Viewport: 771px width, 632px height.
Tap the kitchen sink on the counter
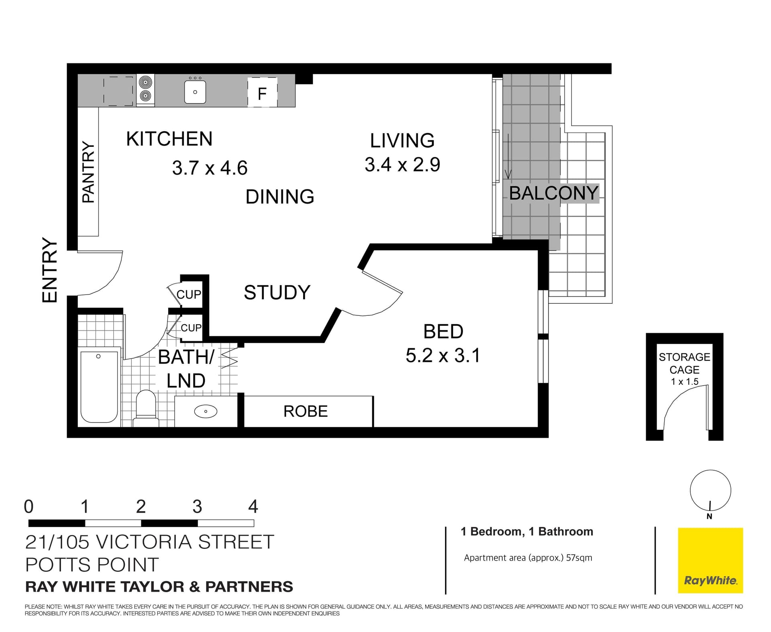[195, 92]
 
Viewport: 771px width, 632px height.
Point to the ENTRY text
[50, 270]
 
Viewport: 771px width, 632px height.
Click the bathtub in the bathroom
[99, 386]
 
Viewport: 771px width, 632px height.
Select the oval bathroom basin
[206, 411]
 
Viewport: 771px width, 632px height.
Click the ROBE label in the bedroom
[306, 411]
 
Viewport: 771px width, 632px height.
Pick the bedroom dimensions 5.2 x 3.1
[443, 356]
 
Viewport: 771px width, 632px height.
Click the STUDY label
[277, 293]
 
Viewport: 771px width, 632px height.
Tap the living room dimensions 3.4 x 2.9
[402, 165]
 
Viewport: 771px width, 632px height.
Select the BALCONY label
[554, 193]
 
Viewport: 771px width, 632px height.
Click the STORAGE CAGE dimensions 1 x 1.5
[685, 382]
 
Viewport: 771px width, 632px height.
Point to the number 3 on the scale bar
[197, 507]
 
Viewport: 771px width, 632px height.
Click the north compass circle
[710, 490]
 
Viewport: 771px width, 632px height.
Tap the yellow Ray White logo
[710, 560]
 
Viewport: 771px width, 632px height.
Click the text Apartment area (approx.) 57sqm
[528, 558]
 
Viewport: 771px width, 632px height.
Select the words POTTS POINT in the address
[92, 565]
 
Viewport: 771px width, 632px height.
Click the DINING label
[280, 197]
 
